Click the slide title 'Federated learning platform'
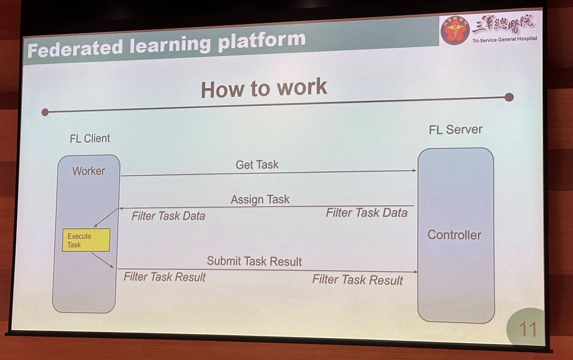point(166,44)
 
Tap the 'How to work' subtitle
point(264,88)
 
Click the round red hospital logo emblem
point(454,30)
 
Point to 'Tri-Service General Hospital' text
point(504,39)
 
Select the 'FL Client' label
point(90,138)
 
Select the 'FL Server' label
point(455,130)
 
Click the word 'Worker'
point(88,171)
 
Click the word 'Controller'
point(454,235)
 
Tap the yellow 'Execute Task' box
point(86,240)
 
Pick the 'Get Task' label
point(257,165)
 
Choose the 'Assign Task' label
point(260,199)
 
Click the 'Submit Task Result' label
point(254,261)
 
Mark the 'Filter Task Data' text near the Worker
point(168,216)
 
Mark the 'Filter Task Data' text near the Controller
point(367,213)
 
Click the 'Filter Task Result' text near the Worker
point(165,277)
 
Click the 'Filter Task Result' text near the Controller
point(357,279)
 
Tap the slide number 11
point(528,329)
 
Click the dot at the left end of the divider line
point(45,112)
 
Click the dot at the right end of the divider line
point(509,97)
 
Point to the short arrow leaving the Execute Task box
point(102,260)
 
